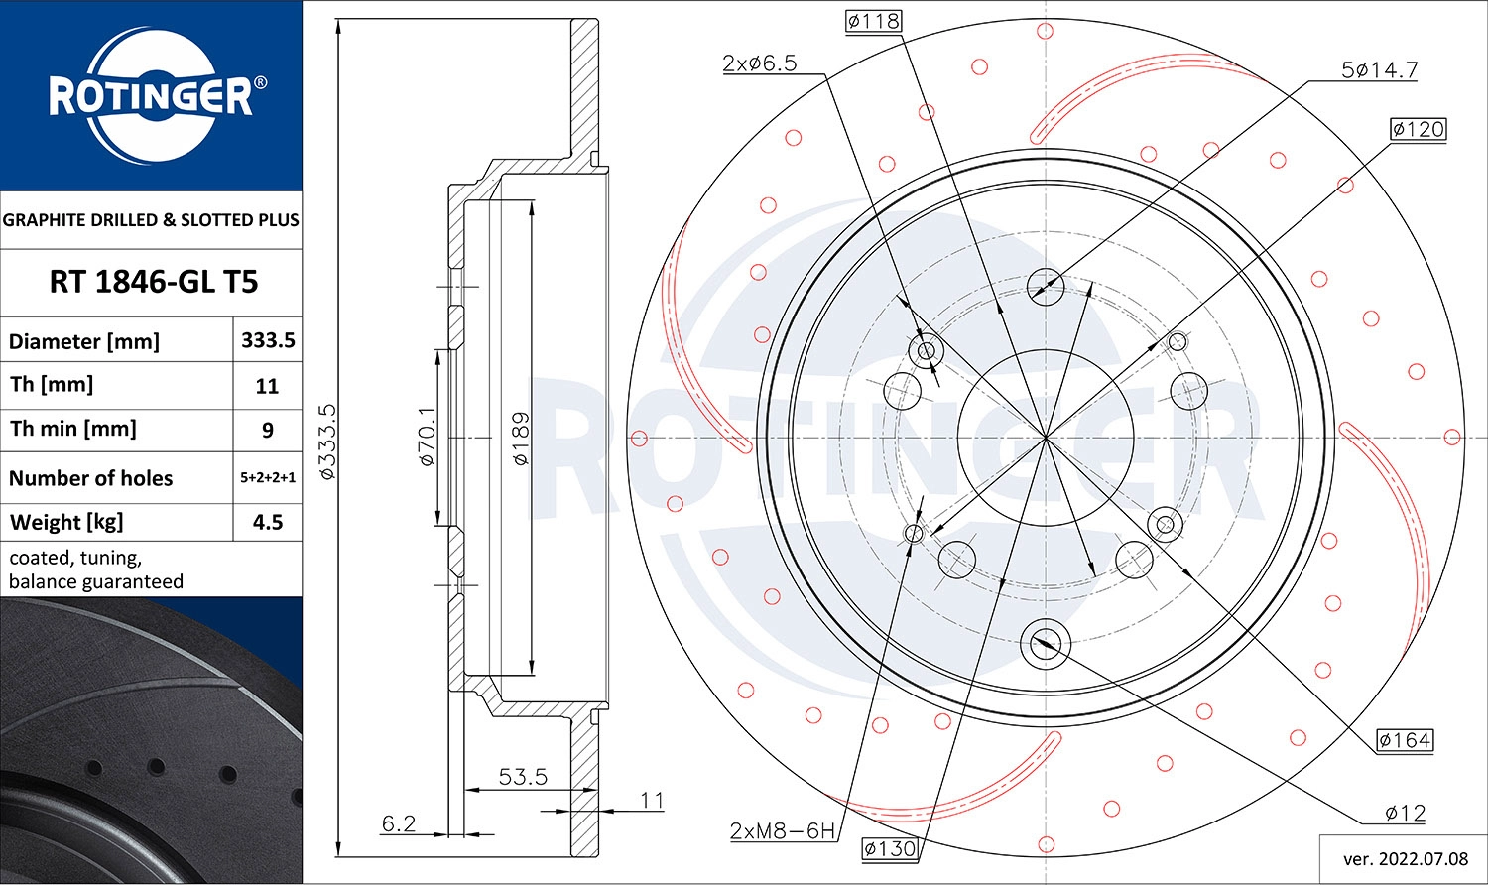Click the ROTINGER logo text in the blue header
click(151, 97)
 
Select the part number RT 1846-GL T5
click(153, 282)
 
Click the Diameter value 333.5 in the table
click(268, 340)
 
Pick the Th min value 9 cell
click(267, 430)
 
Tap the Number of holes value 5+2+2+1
click(268, 477)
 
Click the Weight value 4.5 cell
click(268, 522)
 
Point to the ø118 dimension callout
click(873, 21)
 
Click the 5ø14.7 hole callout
click(1379, 70)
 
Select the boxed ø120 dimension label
click(1418, 129)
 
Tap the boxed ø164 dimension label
click(1405, 740)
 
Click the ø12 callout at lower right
click(1405, 814)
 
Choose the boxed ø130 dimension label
click(889, 848)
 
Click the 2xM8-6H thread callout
click(783, 830)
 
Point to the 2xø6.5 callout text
click(759, 63)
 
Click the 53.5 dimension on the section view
click(523, 777)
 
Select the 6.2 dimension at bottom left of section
click(398, 823)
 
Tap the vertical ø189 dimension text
click(520, 439)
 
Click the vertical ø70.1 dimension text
click(427, 437)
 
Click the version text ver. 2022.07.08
click(1405, 858)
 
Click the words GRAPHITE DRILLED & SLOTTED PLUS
click(151, 220)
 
